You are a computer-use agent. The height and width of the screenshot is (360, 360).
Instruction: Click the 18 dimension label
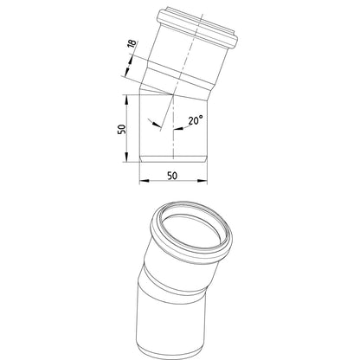[132, 44]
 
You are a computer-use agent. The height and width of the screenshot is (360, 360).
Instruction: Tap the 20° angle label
[196, 120]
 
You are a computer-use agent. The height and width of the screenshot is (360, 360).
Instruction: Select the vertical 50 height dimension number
[122, 129]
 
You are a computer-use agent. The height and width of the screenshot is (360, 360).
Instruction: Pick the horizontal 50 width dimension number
[172, 176]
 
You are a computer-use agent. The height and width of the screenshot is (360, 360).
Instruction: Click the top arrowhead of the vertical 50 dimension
[126, 99]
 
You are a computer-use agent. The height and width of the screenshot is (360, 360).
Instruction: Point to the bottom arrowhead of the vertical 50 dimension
[126, 157]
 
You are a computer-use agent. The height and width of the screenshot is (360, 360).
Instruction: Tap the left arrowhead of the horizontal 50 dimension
[144, 181]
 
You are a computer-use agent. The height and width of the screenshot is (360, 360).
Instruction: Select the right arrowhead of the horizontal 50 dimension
[202, 181]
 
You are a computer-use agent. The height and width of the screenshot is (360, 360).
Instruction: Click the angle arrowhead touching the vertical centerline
[177, 128]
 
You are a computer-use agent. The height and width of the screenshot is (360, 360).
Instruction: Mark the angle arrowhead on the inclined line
[156, 124]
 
